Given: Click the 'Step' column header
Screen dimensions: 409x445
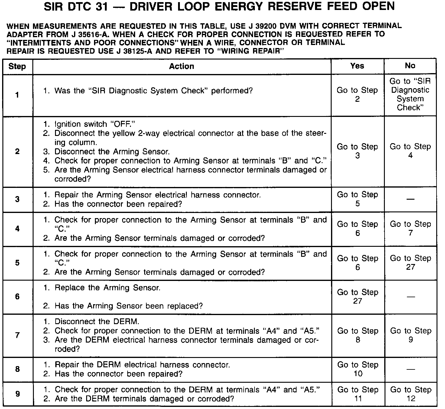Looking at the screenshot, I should (x=17, y=66).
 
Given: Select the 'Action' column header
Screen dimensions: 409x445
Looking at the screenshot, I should (x=181, y=66).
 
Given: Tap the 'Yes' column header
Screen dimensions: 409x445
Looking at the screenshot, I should (x=357, y=66).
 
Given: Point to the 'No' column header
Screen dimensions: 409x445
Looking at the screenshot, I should (x=410, y=66).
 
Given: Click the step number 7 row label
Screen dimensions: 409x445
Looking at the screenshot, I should (x=17, y=335).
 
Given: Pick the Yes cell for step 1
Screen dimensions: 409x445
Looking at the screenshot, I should (x=357, y=95).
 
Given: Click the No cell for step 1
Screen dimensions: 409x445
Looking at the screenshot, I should (x=410, y=94).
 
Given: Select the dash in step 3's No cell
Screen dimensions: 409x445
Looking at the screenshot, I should (x=410, y=199).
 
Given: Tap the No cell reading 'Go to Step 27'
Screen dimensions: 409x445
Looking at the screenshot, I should (x=410, y=262).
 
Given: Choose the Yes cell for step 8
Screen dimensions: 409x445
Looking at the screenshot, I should (x=358, y=369).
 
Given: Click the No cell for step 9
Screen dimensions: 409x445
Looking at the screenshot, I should (x=411, y=394).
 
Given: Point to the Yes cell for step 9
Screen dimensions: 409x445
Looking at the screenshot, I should (x=358, y=394).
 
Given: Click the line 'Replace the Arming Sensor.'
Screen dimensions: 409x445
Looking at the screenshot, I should (x=107, y=288).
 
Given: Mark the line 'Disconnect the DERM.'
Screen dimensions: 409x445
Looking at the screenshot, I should (x=97, y=321).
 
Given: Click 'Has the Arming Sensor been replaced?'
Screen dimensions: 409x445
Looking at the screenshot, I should (x=128, y=306).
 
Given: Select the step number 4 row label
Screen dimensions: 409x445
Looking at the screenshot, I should (x=17, y=229).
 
